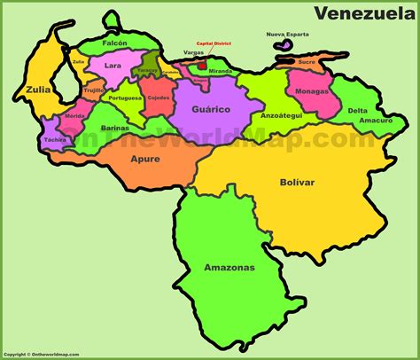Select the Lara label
pos(112,65)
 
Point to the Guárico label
pos(212,108)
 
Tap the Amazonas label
pos(229,267)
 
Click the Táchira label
pos(54,140)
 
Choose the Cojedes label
pos(159,98)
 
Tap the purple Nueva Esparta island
pos(284,44)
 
